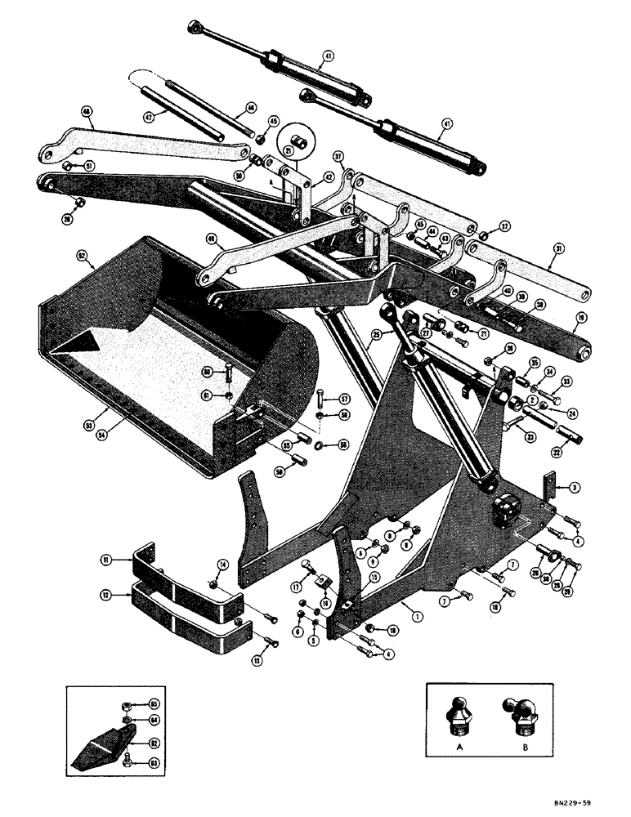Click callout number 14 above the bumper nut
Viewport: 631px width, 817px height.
222,565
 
